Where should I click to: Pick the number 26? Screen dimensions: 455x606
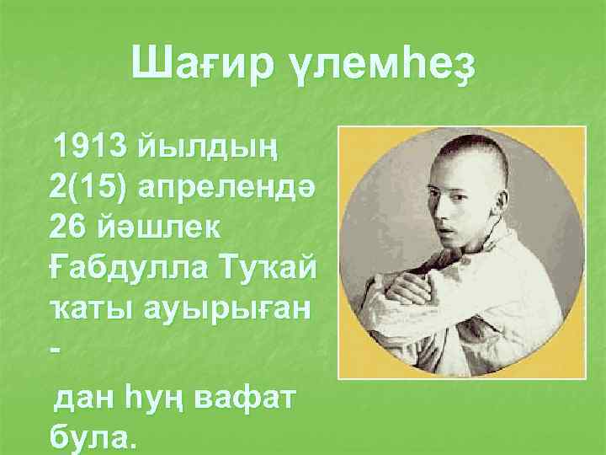point(68,222)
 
